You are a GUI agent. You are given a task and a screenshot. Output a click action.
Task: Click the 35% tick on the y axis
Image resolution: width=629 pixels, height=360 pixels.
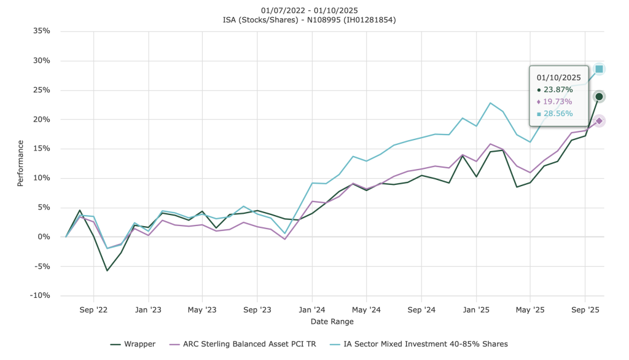pos(42,31)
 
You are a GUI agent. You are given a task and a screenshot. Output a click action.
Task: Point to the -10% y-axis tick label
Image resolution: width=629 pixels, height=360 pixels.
pos(40,295)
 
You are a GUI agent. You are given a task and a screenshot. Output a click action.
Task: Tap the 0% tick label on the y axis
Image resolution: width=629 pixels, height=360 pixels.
pos(44,237)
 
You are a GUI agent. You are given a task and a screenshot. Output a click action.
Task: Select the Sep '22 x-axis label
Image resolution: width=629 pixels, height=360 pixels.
pos(93,310)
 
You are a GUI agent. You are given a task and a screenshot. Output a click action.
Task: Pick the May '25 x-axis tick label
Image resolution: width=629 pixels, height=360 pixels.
pos(530,310)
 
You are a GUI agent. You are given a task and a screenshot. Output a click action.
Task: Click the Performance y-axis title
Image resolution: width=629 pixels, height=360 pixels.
pos(21,163)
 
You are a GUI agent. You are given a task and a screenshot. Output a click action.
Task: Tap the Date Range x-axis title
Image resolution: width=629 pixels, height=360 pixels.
pos(332,321)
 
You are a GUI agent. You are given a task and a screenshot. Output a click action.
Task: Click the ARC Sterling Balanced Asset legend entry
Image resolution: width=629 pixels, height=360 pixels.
pos(246,344)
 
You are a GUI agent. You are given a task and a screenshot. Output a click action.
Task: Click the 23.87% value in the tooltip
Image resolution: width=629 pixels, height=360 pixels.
pos(558,90)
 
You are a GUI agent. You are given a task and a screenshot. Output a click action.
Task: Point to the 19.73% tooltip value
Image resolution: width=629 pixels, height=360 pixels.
pos(558,101)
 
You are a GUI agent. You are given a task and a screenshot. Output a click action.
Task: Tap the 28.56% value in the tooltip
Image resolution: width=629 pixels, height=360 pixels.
pos(558,114)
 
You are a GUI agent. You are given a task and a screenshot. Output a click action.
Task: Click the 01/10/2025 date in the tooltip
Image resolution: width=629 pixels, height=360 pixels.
pos(558,77)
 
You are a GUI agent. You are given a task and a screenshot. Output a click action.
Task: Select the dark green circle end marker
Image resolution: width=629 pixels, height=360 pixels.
pos(599,96)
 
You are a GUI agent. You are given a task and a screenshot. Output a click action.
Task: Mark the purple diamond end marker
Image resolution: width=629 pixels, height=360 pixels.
pos(599,121)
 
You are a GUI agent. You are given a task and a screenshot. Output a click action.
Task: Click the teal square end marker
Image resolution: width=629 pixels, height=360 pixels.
pos(599,69)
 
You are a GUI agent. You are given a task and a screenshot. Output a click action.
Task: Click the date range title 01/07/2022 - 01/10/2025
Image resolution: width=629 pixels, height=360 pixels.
pos(309,10)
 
